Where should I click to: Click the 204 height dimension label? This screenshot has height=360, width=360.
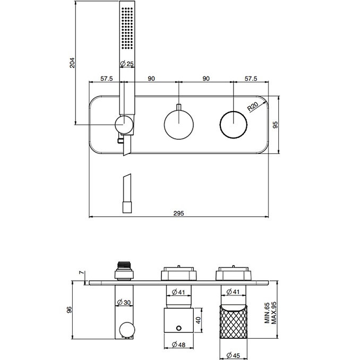[72, 63]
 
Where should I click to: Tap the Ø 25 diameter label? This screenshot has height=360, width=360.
[127, 63]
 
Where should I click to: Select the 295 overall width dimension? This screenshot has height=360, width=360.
[178, 213]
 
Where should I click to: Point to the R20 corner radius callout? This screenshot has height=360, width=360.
[253, 106]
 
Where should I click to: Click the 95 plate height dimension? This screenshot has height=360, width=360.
[275, 125]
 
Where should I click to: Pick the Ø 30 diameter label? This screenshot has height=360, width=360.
[124, 302]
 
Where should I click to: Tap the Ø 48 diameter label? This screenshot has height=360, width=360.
[178, 345]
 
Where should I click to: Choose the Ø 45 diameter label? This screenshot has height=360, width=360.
[233, 355]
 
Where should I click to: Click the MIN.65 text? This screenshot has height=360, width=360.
[267, 313]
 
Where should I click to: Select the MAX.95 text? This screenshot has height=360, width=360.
[274, 313]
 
